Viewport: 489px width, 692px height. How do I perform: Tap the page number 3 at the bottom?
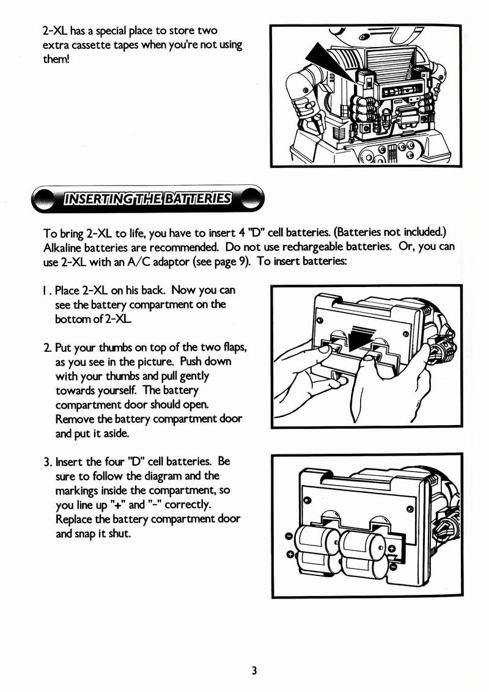click(x=254, y=671)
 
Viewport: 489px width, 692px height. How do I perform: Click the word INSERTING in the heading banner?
click(x=94, y=199)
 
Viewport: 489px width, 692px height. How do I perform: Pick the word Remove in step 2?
click(x=72, y=420)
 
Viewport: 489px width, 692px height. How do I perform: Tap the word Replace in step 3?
click(x=73, y=519)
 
